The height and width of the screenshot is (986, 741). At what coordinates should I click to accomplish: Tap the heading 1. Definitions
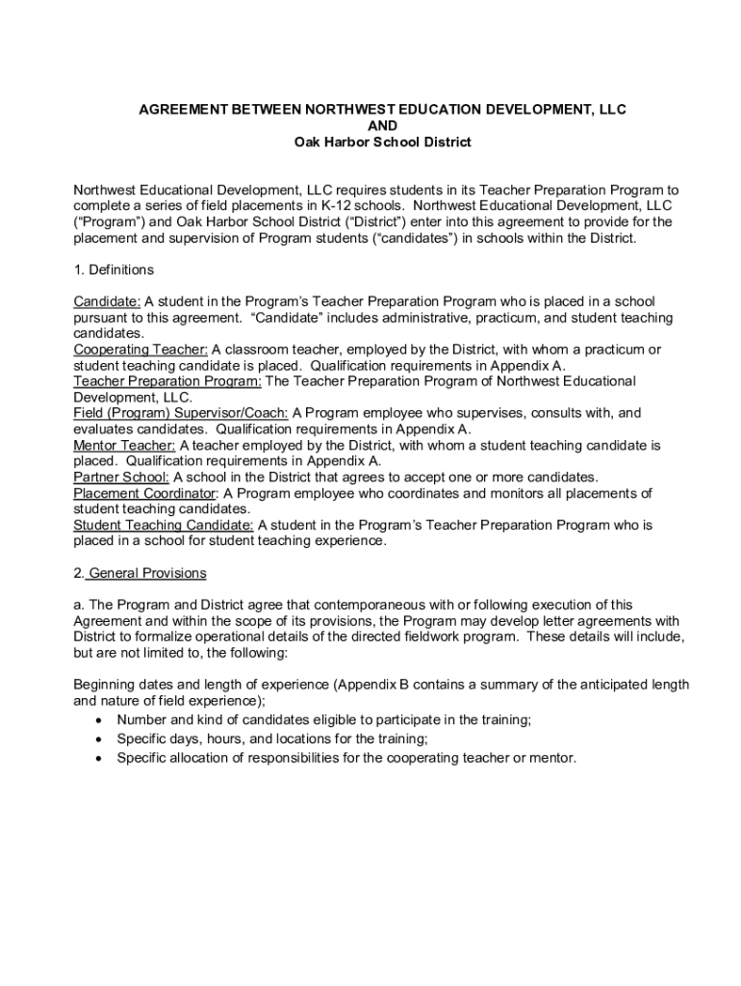[x=114, y=270]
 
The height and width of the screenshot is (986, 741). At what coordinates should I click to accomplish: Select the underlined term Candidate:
[x=107, y=301]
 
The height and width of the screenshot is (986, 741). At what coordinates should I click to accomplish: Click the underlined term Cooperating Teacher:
[x=141, y=350]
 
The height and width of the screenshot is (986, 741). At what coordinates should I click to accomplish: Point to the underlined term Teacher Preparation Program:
[x=167, y=381]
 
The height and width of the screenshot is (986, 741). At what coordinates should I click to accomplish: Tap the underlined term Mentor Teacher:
[x=125, y=445]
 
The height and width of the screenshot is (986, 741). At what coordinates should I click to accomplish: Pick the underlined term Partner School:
[x=121, y=477]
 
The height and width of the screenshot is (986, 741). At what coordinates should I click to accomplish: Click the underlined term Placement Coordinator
[x=144, y=493]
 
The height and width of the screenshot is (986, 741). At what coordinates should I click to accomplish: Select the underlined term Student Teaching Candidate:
[x=164, y=525]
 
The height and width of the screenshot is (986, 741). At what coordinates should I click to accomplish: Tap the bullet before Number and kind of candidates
[x=100, y=720]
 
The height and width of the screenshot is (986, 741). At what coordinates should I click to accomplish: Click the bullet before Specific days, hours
[x=100, y=739]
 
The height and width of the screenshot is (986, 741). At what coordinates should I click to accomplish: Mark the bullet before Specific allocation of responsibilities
[x=100, y=759]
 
